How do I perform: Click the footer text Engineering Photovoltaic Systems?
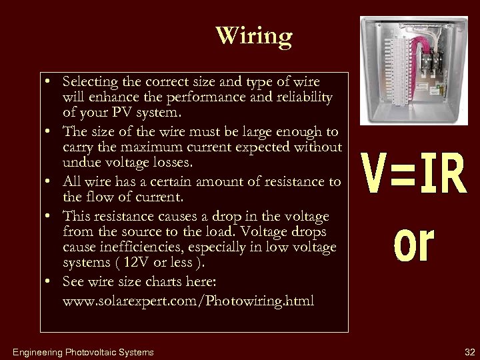pos(83,352)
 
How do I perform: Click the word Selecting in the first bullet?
pos(89,81)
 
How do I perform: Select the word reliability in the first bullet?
pos(304,97)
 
